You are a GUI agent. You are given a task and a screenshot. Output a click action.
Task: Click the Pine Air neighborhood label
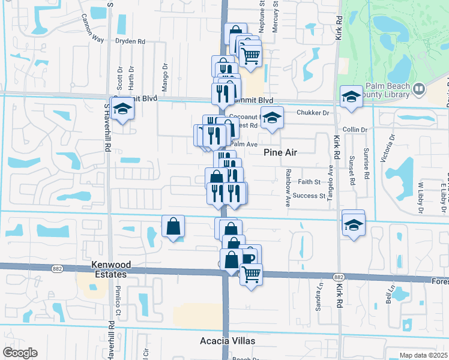282,153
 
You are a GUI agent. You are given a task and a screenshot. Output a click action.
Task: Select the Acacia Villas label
228,341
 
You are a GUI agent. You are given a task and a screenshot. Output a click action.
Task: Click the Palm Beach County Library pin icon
418,90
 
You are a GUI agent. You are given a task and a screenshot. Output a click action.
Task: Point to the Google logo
20,353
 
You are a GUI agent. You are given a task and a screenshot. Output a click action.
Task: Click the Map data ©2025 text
423,355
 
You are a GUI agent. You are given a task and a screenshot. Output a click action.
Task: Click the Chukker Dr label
313,112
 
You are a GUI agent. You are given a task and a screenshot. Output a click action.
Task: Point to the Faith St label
309,181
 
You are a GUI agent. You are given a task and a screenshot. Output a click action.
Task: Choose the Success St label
309,196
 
